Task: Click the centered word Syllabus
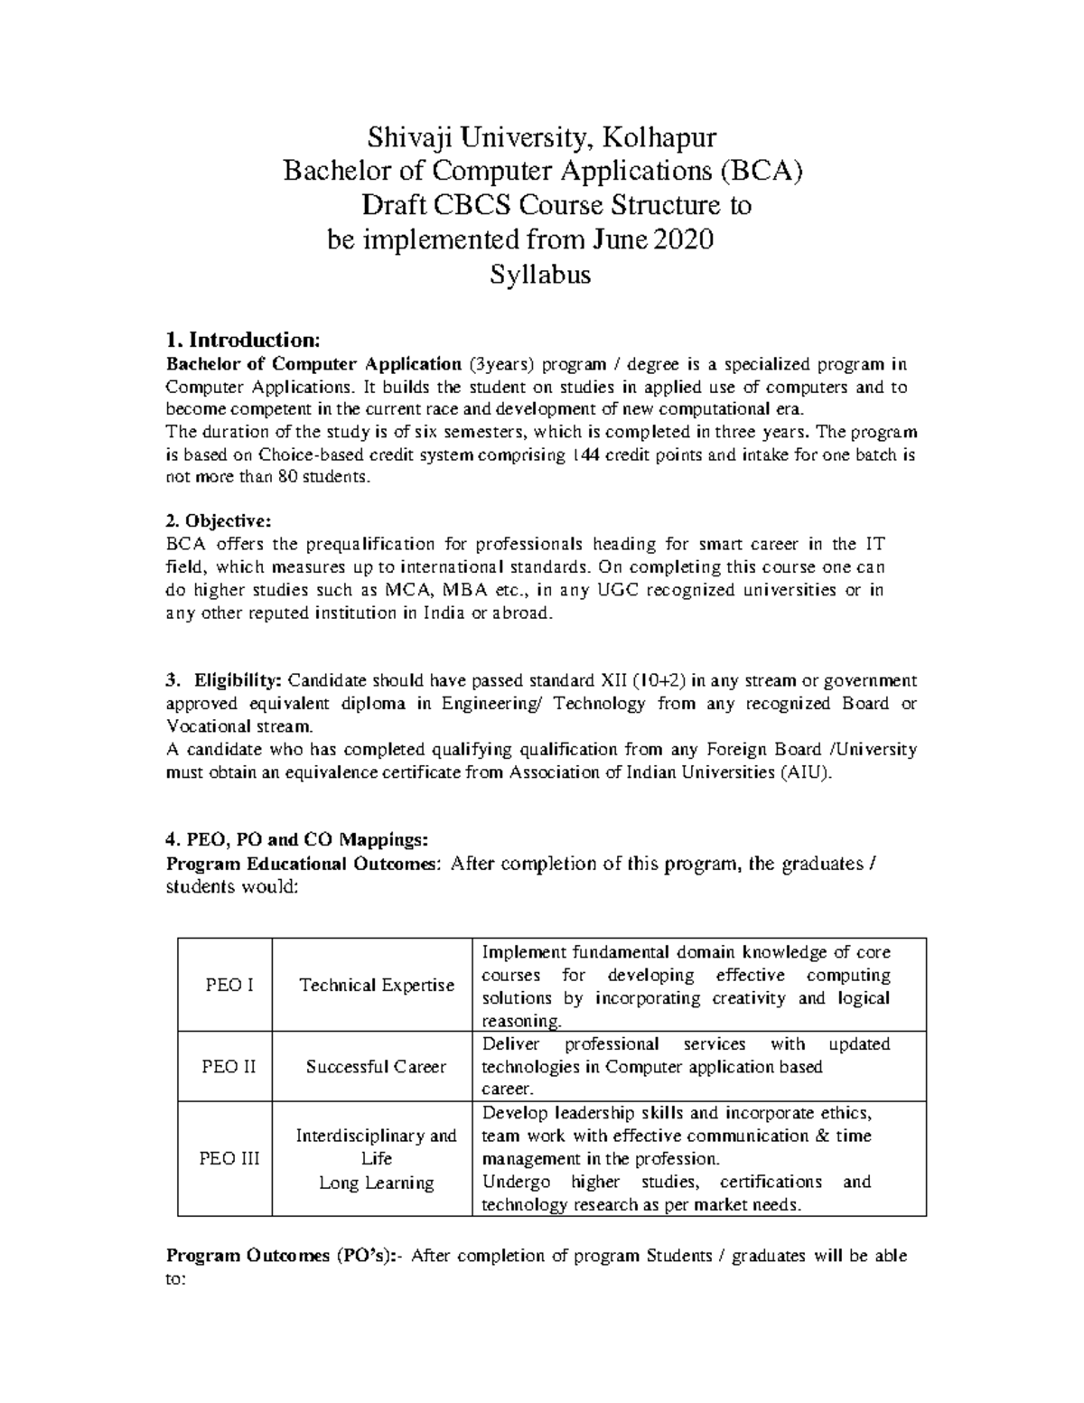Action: point(540,274)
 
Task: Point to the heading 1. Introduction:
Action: point(243,341)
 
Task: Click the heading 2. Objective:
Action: point(218,521)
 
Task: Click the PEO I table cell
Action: point(224,985)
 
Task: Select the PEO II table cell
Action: point(224,1067)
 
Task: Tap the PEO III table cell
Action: point(224,1159)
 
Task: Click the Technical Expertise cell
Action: point(376,985)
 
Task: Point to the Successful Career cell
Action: point(376,1067)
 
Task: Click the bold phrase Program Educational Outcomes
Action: point(302,864)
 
